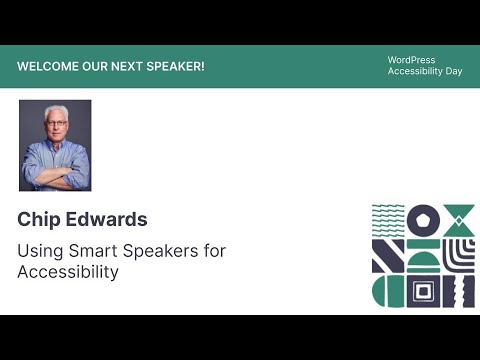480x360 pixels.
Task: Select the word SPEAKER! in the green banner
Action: tap(177, 66)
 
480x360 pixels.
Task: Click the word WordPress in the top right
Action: tap(411, 60)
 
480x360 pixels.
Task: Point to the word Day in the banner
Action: tap(453, 72)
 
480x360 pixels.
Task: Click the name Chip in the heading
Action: tap(39, 219)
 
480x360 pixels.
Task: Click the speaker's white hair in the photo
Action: tap(54, 112)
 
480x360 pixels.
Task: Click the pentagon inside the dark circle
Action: tap(424, 219)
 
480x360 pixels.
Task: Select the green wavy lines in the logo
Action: tap(388, 214)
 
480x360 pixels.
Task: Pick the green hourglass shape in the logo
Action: tap(458, 219)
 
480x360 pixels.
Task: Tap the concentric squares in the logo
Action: tap(424, 291)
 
